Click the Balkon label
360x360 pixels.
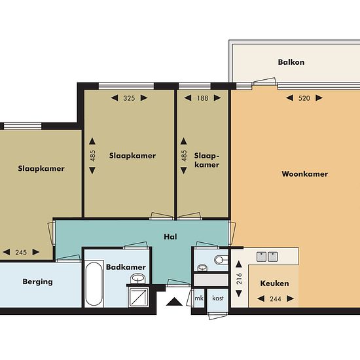(291, 62)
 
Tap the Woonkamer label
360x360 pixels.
(304, 174)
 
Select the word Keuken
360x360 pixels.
(275, 283)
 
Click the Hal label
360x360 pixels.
(170, 237)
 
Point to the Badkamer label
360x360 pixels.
(126, 267)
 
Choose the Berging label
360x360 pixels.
(38, 281)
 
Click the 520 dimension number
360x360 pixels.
(304, 98)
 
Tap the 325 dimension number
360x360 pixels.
(129, 98)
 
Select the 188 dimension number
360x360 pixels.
(202, 98)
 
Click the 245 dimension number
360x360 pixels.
(21, 252)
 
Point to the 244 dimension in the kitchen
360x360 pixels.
(276, 299)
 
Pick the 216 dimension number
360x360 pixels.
(239, 279)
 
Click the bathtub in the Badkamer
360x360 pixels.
(94, 284)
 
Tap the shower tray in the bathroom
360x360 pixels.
(138, 297)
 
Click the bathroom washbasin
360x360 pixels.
(137, 278)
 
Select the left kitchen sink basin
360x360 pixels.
(261, 257)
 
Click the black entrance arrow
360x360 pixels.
(174, 302)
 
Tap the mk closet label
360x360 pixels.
(199, 298)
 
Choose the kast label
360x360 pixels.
(218, 298)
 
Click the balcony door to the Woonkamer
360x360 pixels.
(264, 82)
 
